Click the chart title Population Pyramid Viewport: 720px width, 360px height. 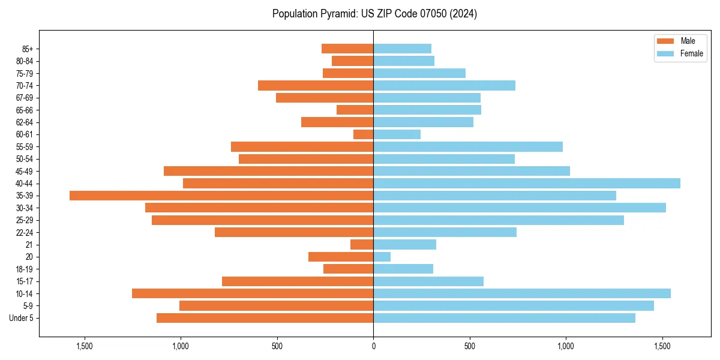374,14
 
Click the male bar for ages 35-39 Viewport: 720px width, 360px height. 221,196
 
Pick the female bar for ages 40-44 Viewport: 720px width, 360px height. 527,184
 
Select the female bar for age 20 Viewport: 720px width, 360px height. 382,257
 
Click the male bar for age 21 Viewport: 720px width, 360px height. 362,245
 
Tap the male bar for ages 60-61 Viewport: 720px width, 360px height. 364,134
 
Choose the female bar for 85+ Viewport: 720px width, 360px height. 402,49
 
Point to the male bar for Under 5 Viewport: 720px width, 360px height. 265,318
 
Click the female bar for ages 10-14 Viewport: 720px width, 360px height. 522,293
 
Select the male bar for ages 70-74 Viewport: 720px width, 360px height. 316,86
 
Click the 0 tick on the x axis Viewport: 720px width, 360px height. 373,346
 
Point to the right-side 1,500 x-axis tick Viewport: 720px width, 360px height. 662,346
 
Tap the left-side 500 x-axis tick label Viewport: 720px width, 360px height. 277,346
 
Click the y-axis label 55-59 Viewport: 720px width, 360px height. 24,147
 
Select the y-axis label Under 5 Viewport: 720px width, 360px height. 21,318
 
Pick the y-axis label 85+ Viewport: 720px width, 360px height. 27,49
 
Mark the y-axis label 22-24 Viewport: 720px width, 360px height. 24,233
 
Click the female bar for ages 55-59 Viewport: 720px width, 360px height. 468,147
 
